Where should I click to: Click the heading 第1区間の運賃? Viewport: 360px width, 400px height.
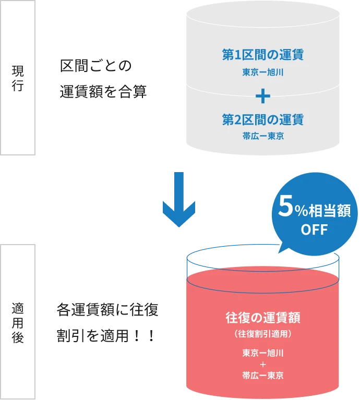(262, 55)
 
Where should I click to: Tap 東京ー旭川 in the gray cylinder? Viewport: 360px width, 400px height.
(262, 72)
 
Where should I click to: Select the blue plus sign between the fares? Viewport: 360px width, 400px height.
(262, 95)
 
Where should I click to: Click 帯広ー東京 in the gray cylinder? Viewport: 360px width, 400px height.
(262, 136)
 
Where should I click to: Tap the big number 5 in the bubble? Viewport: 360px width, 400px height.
(285, 209)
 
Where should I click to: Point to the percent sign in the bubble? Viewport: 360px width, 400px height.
(299, 212)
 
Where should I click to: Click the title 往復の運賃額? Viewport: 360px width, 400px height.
(262, 317)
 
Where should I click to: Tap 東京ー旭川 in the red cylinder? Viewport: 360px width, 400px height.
(262, 353)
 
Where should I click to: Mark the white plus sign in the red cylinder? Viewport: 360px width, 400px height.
(262, 365)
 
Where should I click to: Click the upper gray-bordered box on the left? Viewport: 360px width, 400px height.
(19, 78)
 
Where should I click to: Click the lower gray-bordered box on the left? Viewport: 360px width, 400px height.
(19, 321)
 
